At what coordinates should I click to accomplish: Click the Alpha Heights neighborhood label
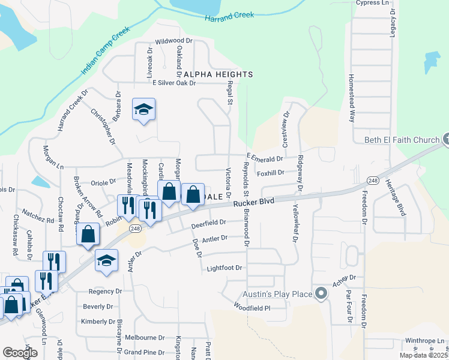tap(218, 74)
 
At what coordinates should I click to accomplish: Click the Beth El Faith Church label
tap(402, 140)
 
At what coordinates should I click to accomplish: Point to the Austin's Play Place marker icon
tap(321, 294)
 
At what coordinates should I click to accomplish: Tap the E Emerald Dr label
tap(264, 159)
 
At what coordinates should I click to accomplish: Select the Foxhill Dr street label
tap(270, 173)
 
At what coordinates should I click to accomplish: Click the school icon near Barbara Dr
tap(143, 109)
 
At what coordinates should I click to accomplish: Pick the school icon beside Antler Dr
tap(107, 260)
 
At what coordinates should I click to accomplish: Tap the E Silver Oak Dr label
tap(174, 83)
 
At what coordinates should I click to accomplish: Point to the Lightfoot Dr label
tap(224, 268)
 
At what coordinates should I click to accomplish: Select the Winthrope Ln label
tap(423, 341)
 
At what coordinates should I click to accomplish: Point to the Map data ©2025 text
tap(423, 355)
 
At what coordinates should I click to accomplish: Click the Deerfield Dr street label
tap(208, 224)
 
